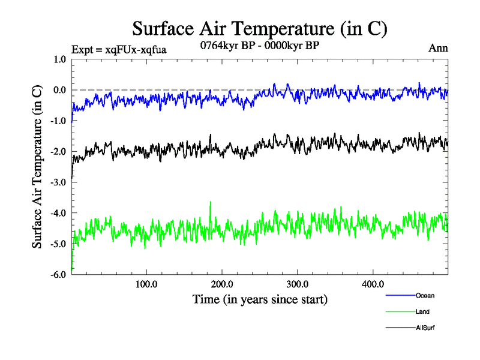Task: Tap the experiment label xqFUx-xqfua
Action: (x=118, y=49)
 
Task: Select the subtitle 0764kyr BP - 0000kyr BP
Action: (x=260, y=45)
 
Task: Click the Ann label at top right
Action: (x=438, y=48)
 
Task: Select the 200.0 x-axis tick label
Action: (x=222, y=284)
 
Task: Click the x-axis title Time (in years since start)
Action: (x=260, y=298)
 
